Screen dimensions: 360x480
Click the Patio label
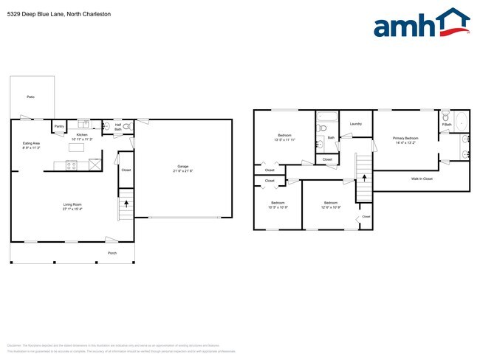coord(30,97)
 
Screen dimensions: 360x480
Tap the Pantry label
coord(59,126)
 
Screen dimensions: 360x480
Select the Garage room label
coord(182,166)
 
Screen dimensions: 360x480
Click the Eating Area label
coord(30,144)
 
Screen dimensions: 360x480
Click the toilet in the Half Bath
coord(126,127)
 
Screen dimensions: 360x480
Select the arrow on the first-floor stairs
coord(126,202)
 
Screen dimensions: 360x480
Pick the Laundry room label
coord(356,124)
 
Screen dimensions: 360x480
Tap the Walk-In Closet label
coord(422,179)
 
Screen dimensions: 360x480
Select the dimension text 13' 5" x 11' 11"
coord(284,139)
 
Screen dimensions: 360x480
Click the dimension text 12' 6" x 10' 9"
coord(331,207)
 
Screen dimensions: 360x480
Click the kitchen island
coord(76,147)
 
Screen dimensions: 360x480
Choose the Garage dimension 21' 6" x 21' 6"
coord(182,170)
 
